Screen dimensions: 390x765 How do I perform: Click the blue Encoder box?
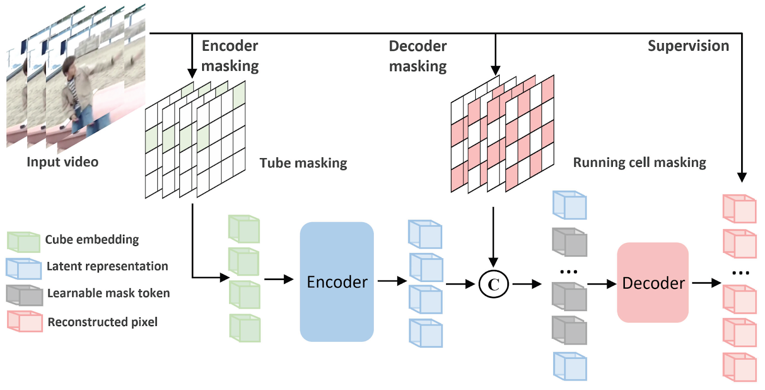[x=337, y=282]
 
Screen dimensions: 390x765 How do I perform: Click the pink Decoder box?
[x=653, y=282]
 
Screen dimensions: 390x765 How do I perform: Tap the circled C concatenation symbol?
[x=493, y=284]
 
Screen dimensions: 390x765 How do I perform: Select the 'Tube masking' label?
[x=303, y=163]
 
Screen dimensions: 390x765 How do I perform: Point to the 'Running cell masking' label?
[x=639, y=162]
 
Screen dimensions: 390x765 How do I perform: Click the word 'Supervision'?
[x=688, y=46]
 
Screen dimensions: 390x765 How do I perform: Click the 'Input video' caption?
[x=62, y=162]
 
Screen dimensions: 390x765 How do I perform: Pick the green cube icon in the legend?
[x=23, y=242]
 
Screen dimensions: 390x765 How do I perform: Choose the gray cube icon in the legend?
[x=24, y=295]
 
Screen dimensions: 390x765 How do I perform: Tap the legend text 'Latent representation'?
[x=107, y=266]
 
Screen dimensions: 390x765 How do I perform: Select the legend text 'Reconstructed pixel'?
[x=102, y=322]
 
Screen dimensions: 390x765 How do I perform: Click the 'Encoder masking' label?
[x=230, y=55]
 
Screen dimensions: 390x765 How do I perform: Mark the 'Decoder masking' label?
[x=418, y=56]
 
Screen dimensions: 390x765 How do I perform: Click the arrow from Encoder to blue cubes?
[x=392, y=281]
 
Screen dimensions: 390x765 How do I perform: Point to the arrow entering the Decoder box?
[x=601, y=284]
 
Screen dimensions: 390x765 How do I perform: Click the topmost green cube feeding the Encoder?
[x=244, y=229]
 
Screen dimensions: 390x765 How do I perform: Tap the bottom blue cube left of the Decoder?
[x=570, y=366]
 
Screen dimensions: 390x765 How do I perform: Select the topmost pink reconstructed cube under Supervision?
[x=739, y=209]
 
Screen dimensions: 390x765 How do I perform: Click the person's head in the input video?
[x=70, y=65]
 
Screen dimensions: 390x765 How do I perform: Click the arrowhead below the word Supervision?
[x=742, y=177]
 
